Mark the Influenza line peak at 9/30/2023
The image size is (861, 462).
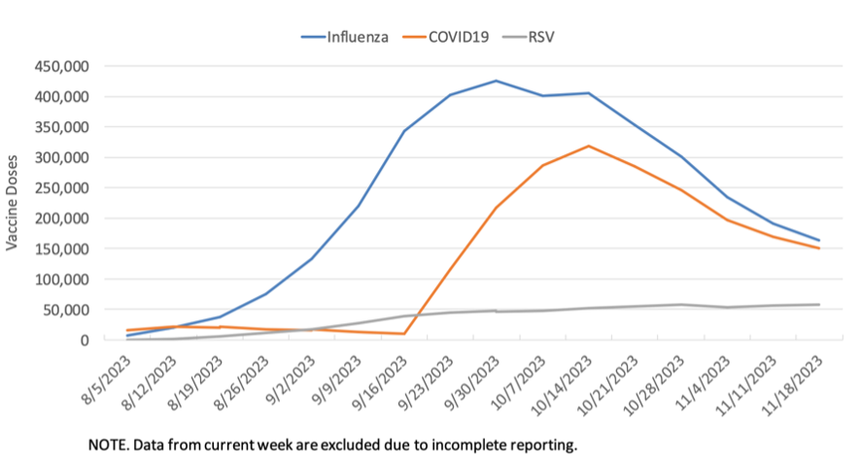pyautogui.click(x=496, y=81)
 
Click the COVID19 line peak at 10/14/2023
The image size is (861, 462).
pyautogui.click(x=588, y=147)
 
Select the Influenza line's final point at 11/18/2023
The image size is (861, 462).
pyautogui.click(x=819, y=241)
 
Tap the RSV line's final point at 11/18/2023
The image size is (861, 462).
pyautogui.click(x=819, y=305)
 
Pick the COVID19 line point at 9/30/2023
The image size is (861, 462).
pyautogui.click(x=496, y=208)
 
